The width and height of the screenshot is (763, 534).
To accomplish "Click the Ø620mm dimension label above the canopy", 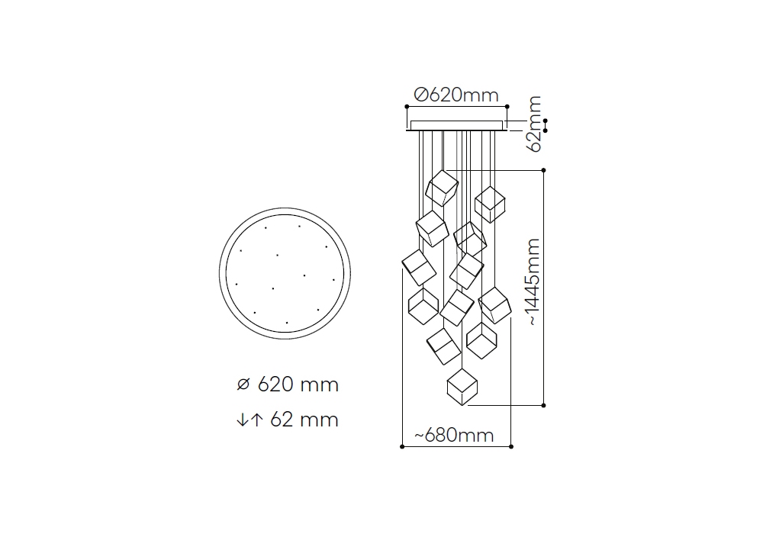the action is (456, 95).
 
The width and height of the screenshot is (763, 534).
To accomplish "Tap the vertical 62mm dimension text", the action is (534, 124).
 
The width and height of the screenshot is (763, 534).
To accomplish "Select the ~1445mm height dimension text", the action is (533, 282).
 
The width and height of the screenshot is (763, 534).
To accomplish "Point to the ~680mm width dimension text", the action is (454, 436).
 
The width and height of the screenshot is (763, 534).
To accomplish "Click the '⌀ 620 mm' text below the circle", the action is (288, 384).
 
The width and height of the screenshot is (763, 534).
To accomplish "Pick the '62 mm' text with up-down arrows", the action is (288, 420).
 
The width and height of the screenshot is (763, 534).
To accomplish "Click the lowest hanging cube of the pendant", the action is (462, 387).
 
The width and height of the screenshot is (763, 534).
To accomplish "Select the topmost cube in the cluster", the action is (442, 188).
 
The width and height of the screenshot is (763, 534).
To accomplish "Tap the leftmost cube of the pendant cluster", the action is (419, 268).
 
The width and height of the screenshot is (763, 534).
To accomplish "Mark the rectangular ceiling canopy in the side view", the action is (456, 125).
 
